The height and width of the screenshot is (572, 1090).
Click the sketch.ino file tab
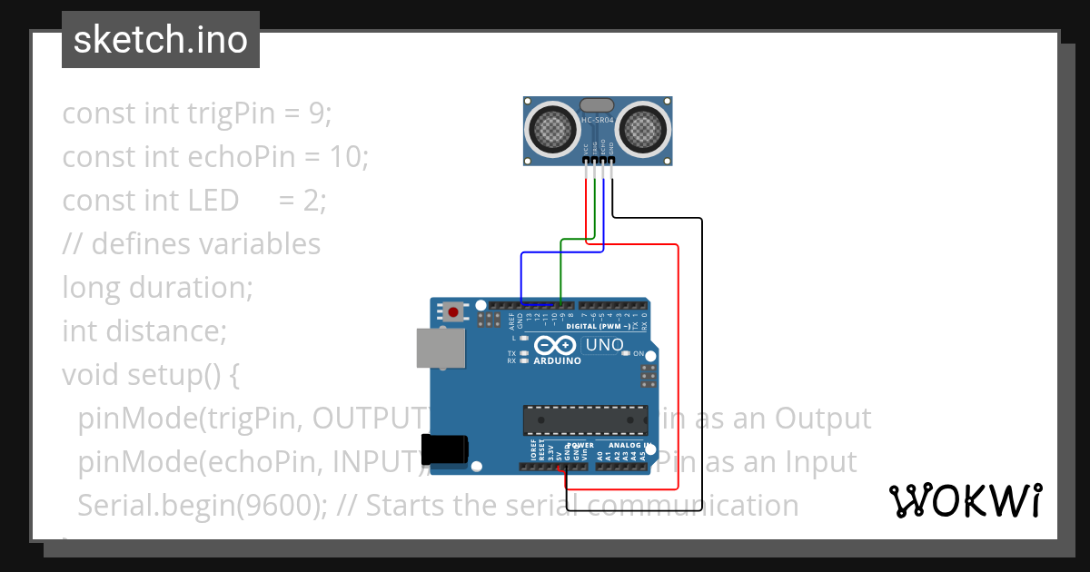161,40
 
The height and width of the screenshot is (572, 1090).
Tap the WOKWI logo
965,500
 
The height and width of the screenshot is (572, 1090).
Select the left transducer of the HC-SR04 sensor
551,128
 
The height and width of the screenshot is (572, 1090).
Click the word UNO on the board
604,345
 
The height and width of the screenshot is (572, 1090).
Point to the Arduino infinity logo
555,345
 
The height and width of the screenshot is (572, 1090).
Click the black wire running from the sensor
702,363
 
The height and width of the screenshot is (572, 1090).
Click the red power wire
678,363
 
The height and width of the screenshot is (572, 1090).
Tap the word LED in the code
213,201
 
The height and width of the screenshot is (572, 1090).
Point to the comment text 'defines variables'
206,244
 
